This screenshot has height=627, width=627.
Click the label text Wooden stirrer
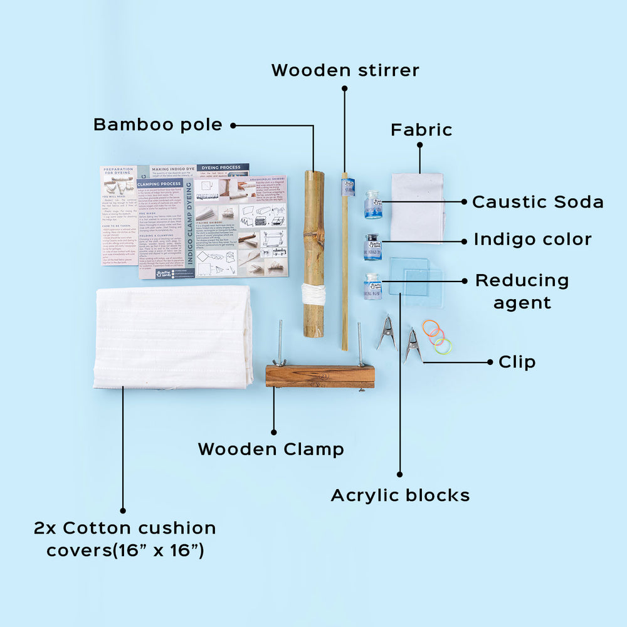pyautogui.click(x=345, y=70)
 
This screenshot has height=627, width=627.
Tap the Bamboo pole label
pyautogui.click(x=157, y=125)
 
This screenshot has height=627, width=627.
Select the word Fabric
pyautogui.click(x=421, y=130)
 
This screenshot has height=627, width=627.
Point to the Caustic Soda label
pyautogui.click(x=537, y=202)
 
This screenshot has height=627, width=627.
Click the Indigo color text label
pyautogui.click(x=532, y=239)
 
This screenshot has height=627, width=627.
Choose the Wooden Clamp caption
pyautogui.click(x=271, y=449)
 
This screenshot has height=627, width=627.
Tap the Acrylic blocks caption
pyautogui.click(x=400, y=495)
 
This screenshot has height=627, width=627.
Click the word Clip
pyautogui.click(x=517, y=362)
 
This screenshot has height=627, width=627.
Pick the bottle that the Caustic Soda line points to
pyautogui.click(x=372, y=205)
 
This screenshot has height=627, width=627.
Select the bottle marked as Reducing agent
pyautogui.click(x=372, y=286)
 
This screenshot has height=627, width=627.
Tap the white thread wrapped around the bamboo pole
pyautogui.click(x=313, y=293)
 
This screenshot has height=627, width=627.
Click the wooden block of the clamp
pyautogui.click(x=319, y=376)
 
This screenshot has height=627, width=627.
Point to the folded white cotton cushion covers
pyautogui.click(x=174, y=337)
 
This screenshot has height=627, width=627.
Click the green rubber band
pyautogui.click(x=443, y=345)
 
